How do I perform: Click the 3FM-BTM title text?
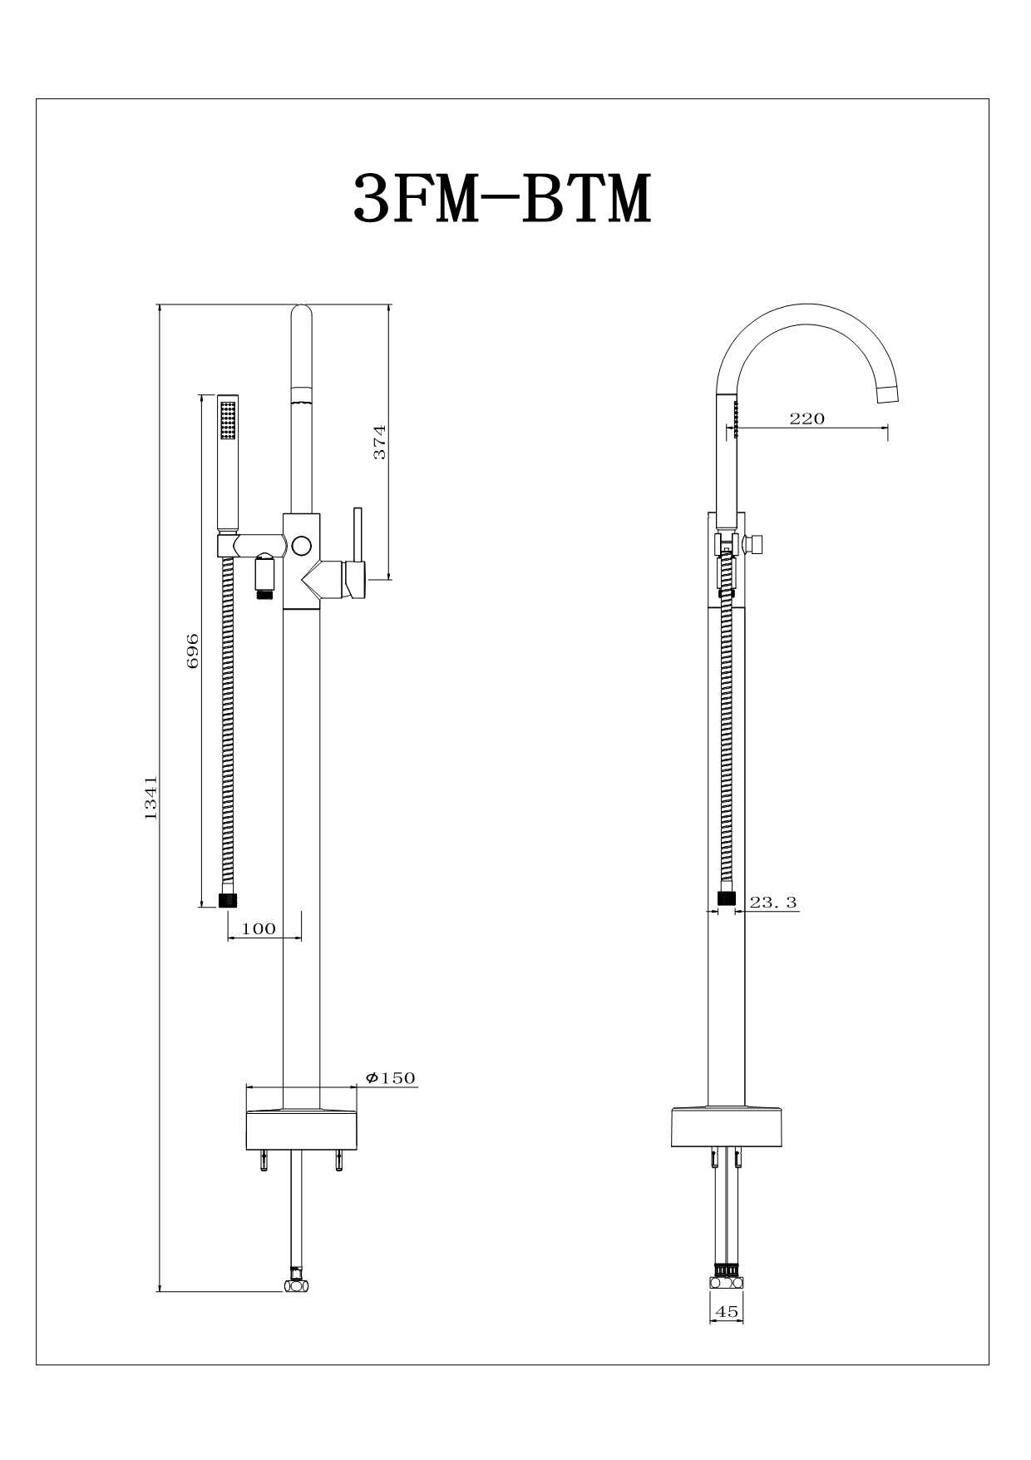pos(502,200)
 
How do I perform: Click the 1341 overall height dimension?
pos(151,799)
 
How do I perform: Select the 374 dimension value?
pos(380,442)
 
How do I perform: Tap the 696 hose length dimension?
pos(193,651)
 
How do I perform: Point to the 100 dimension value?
pos(258,928)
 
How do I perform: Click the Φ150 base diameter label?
pos(391,1077)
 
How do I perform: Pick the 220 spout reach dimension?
pos(807,418)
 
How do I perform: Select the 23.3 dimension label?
pos(772,902)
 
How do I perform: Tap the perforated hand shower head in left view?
pos(228,419)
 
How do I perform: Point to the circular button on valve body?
pos(302,546)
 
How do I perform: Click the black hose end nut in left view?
pos(228,899)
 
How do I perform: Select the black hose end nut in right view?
pos(727,898)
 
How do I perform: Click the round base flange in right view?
pos(727,1127)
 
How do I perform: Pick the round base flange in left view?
pos(302,1129)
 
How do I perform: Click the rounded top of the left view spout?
pos(302,317)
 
